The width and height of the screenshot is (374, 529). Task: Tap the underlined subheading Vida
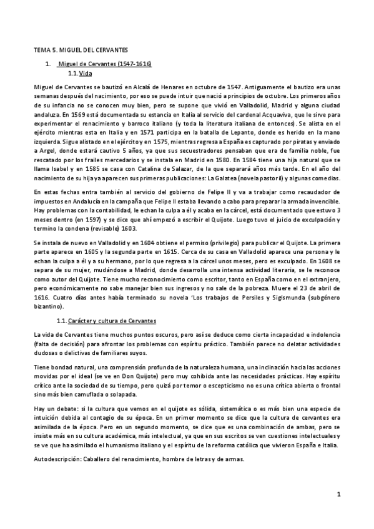tap(86, 74)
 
